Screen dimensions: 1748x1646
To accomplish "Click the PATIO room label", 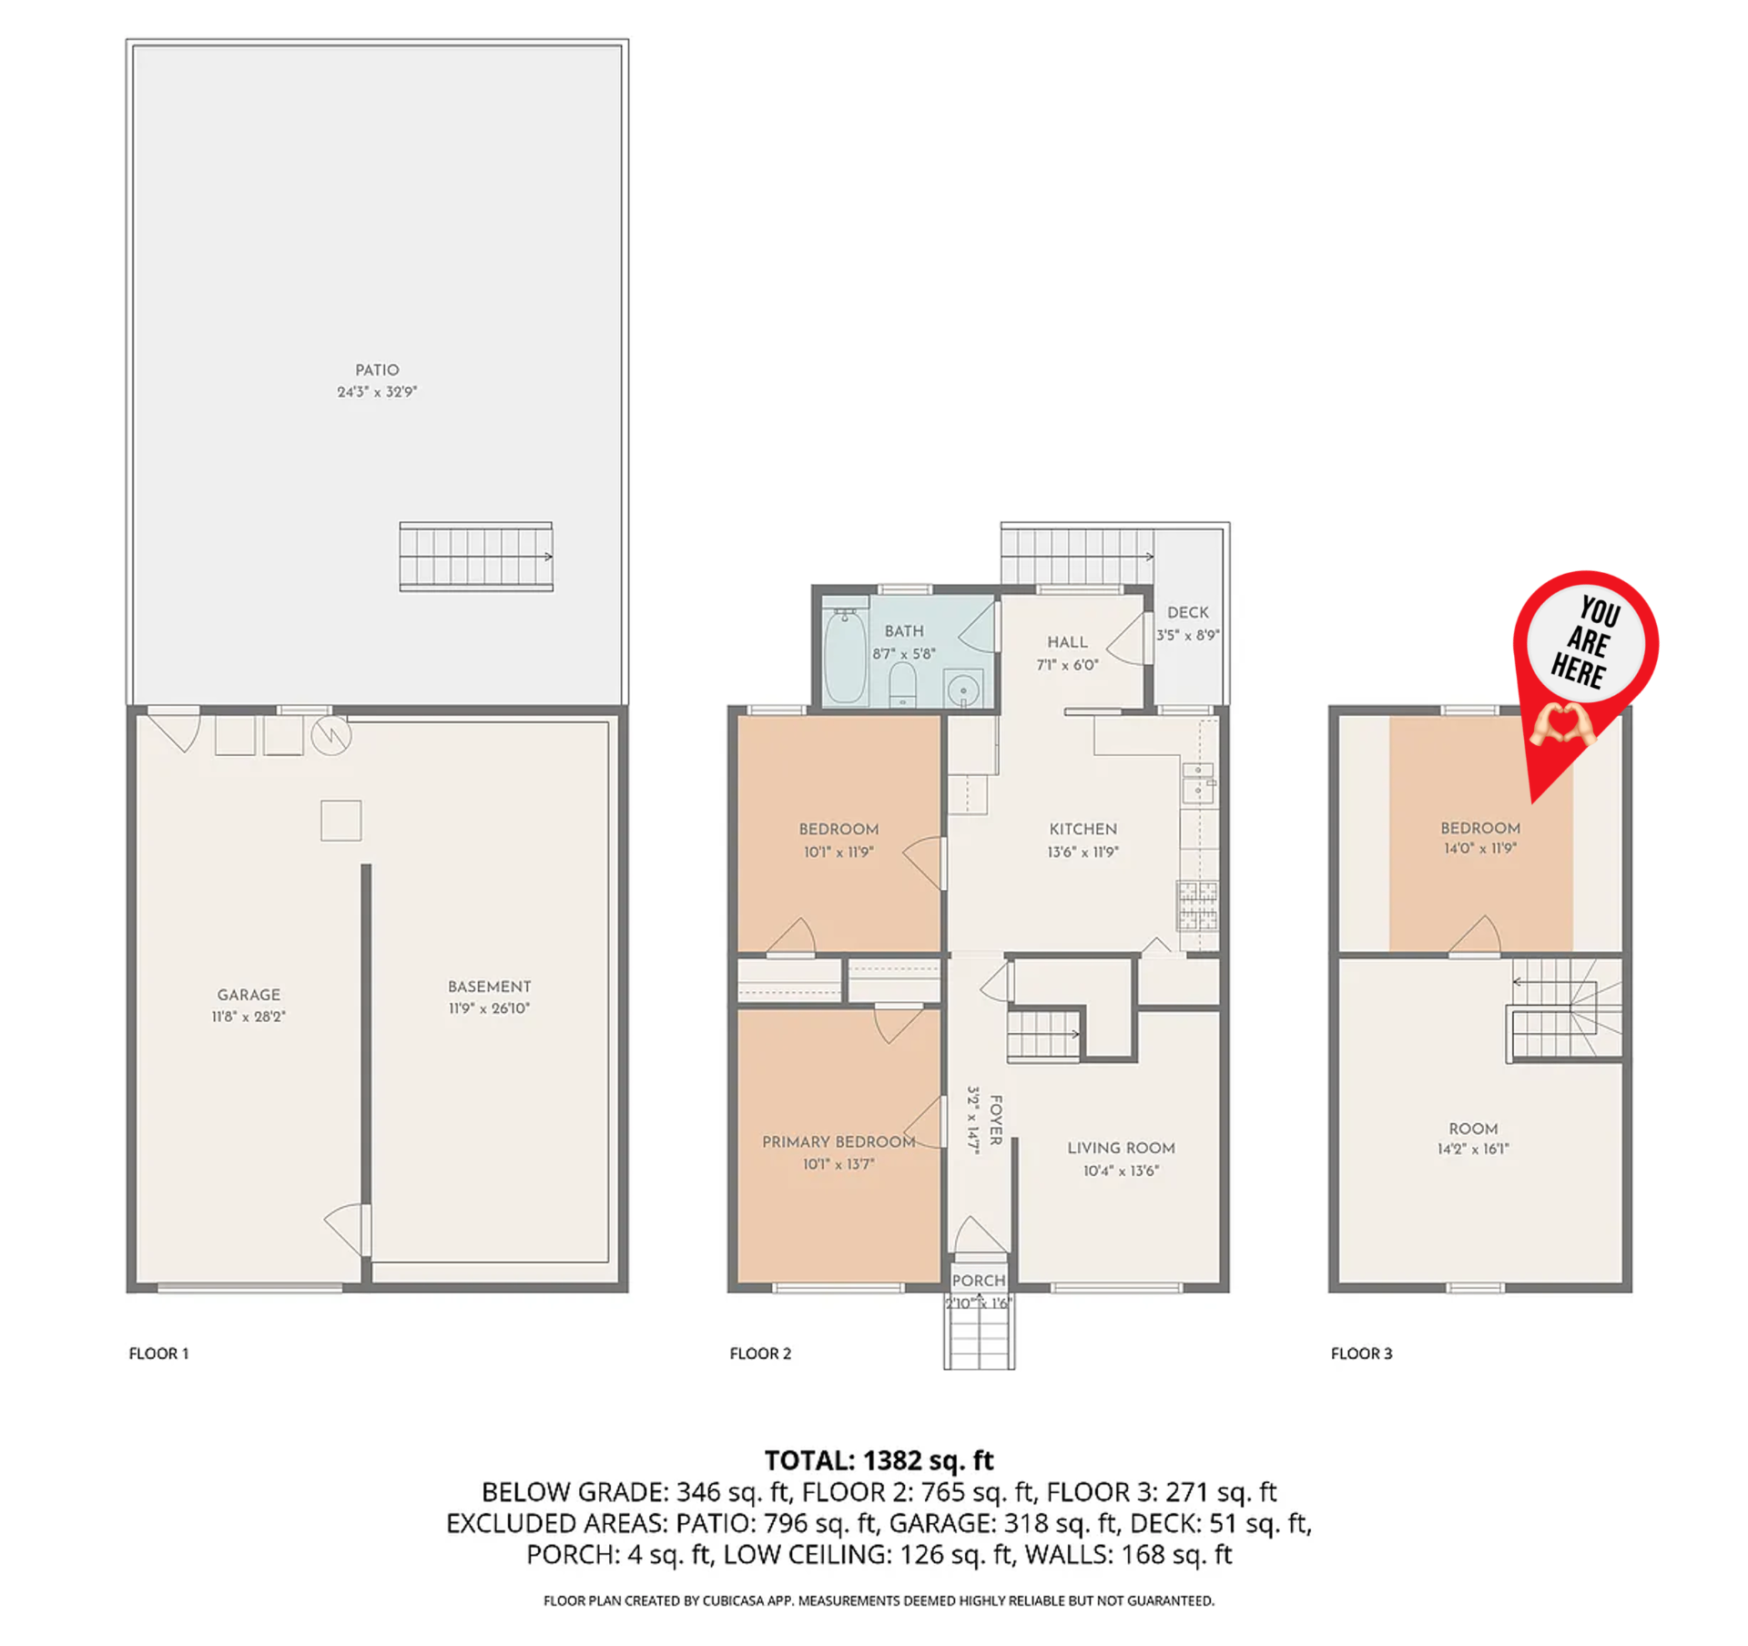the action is tap(377, 370).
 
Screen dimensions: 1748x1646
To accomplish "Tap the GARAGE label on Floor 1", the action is tap(249, 995).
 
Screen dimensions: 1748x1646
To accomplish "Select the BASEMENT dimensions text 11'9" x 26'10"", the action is tap(489, 1008).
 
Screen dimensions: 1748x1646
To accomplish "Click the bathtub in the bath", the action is tap(845, 655).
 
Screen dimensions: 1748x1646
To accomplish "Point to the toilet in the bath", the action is tap(901, 685).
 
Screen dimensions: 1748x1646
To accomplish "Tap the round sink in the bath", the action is tap(962, 690).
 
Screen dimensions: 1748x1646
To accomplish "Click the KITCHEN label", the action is tap(1082, 829).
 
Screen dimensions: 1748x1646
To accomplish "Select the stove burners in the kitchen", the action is tap(1197, 905).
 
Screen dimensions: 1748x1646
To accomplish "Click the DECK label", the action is tap(1188, 613).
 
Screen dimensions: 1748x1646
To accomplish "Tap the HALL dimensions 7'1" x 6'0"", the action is tap(1067, 665).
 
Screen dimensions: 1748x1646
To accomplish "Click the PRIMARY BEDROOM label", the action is tap(838, 1142).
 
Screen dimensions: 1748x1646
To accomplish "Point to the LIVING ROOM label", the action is tap(1121, 1149).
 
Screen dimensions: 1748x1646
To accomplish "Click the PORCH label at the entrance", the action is tap(979, 1281).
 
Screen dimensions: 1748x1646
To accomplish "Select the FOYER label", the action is tap(996, 1120).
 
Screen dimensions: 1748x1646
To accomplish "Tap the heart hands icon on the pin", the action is tap(1562, 723).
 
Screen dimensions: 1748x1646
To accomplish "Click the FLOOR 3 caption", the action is tap(1361, 1354).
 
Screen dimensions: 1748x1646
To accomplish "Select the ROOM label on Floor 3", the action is tap(1473, 1129).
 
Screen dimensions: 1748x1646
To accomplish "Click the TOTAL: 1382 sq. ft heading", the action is tap(879, 1460).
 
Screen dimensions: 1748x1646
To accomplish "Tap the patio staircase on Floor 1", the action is tap(476, 557).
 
